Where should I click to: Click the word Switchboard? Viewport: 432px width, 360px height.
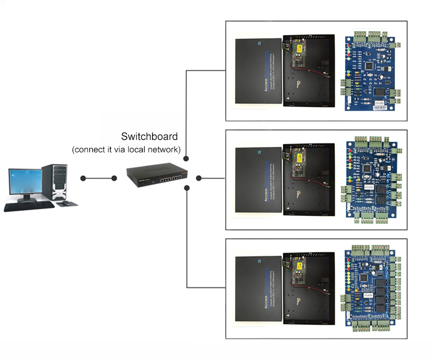(x=149, y=137)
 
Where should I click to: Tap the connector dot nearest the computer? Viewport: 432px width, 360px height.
(x=84, y=178)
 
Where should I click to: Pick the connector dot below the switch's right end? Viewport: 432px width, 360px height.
(x=187, y=188)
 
